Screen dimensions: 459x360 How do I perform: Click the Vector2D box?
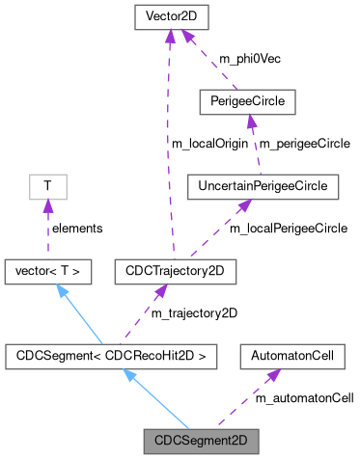[169, 17]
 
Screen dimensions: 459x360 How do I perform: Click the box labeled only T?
[46, 184]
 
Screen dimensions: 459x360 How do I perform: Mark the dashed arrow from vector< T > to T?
[46, 228]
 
